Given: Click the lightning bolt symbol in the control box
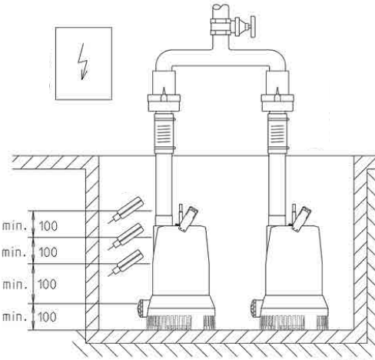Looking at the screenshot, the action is click(x=82, y=62).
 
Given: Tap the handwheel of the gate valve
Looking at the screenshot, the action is click(x=254, y=27).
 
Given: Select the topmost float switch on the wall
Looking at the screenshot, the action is click(x=126, y=210).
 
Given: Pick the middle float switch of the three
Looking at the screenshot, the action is click(x=126, y=236).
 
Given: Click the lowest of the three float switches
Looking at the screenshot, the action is click(x=126, y=262).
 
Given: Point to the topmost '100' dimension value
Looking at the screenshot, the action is click(x=48, y=226).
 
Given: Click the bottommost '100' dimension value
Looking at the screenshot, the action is click(x=47, y=317).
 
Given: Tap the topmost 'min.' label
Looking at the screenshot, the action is click(x=15, y=226).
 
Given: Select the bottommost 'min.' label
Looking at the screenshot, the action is click(x=15, y=317).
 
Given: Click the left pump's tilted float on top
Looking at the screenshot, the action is click(x=188, y=219).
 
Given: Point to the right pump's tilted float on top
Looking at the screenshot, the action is click(x=302, y=219).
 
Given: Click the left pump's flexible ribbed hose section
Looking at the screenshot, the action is click(x=164, y=133).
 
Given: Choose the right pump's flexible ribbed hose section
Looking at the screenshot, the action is click(x=277, y=133).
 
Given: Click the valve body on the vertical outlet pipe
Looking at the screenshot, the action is click(x=221, y=27).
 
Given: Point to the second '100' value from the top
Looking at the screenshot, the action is click(x=48, y=252).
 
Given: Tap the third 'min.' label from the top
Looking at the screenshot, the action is click(x=15, y=285).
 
